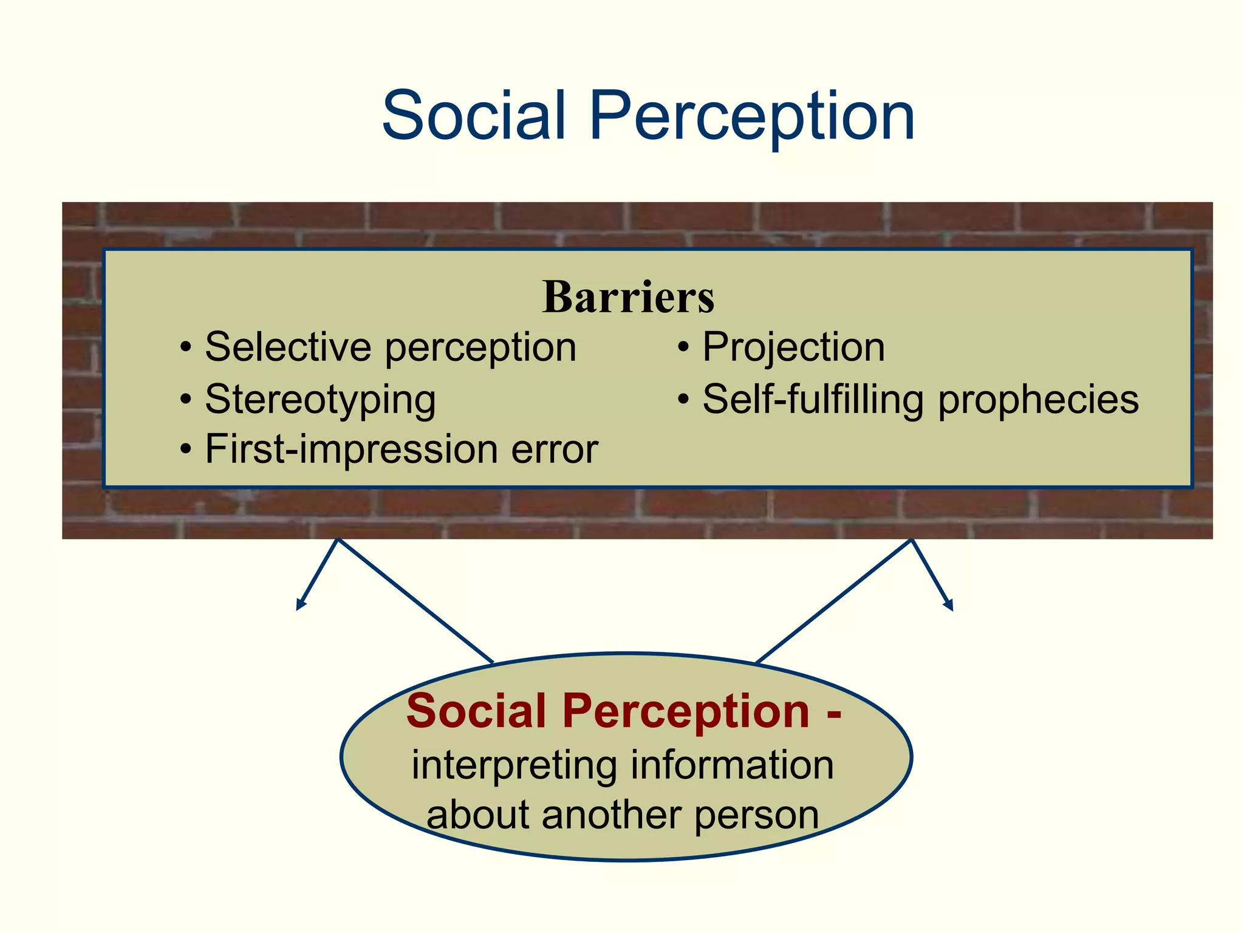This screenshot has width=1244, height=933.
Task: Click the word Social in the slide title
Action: coord(473,115)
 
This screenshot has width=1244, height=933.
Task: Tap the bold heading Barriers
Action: coord(628,297)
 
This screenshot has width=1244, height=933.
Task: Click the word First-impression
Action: coord(351,449)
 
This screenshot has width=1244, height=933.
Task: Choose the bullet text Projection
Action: coord(793,347)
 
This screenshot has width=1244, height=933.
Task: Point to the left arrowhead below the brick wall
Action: coord(299,605)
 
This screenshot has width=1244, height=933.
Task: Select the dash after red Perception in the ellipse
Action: coord(833,712)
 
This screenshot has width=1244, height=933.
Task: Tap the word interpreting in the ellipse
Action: coord(514,765)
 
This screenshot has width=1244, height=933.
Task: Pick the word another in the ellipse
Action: coord(611,815)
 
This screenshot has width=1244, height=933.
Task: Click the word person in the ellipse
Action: coord(756,816)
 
